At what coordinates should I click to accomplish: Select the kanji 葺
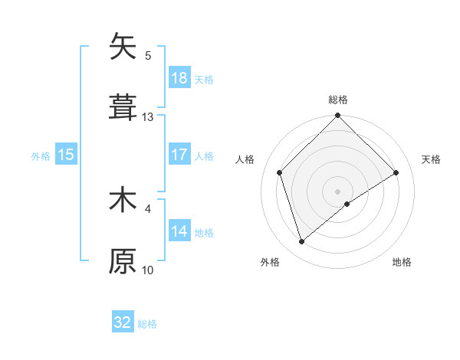(123, 107)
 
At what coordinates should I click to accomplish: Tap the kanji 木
(123, 201)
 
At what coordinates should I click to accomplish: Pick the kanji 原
(123, 260)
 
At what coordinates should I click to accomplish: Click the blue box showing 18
(179, 78)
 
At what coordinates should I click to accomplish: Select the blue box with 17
(179, 155)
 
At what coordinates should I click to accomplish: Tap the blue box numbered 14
(179, 231)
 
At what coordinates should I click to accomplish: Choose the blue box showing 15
(66, 155)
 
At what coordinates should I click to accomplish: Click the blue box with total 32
(123, 322)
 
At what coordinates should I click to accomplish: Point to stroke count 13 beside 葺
(148, 117)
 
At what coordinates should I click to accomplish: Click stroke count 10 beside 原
(148, 270)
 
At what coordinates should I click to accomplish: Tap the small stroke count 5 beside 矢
(148, 55)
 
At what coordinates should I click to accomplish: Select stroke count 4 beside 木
(148, 208)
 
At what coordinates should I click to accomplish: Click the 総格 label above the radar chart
(338, 100)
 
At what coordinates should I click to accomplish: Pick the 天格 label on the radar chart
(431, 159)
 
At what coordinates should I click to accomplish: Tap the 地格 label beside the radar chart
(402, 262)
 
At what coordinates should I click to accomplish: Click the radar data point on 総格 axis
(338, 116)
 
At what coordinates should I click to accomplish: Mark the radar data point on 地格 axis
(347, 204)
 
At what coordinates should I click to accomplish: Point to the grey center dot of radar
(338, 191)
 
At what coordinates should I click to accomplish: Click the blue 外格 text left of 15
(41, 155)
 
